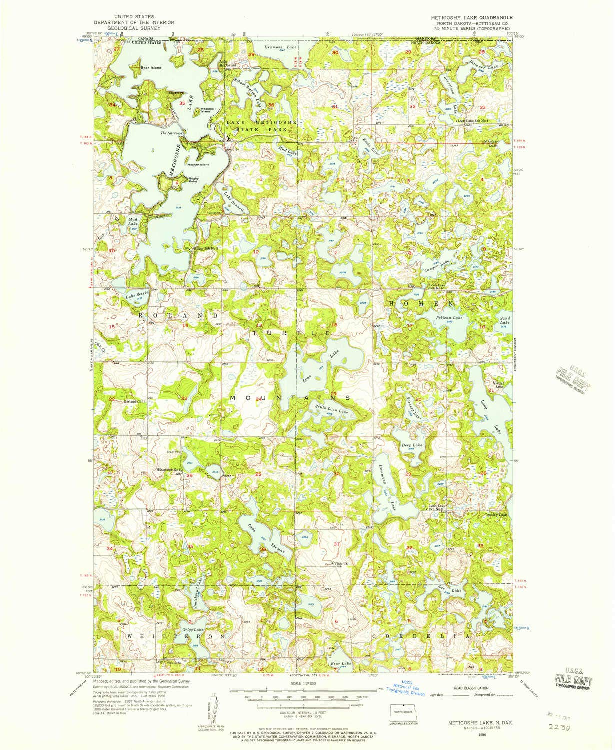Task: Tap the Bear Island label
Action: click(x=151, y=68)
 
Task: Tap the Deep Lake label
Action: click(x=412, y=445)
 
